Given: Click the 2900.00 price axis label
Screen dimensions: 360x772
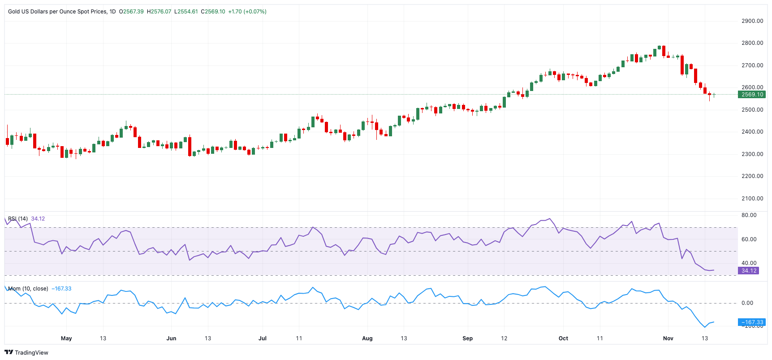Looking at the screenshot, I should click(752, 21).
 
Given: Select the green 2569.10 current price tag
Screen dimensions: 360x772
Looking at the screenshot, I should click(752, 95).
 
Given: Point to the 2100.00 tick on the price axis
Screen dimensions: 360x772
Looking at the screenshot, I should click(752, 199).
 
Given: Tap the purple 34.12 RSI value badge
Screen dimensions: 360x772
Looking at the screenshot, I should click(748, 271).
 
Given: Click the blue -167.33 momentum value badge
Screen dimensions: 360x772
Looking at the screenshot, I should click(751, 322).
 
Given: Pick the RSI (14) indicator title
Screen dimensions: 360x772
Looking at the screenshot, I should click(18, 219).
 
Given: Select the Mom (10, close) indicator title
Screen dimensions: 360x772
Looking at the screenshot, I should click(28, 289).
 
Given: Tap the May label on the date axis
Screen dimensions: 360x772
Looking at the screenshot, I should click(66, 338).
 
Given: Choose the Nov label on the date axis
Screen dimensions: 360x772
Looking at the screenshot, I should click(668, 338).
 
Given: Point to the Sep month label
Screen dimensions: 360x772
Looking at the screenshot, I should click(467, 338).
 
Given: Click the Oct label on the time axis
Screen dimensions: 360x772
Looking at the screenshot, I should click(563, 338).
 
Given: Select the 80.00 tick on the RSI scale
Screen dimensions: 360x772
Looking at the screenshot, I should click(749, 215).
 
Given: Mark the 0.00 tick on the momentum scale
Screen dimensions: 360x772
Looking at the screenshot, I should click(747, 303).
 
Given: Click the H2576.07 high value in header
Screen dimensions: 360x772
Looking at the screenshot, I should click(159, 12).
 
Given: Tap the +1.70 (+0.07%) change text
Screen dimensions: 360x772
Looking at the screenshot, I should click(247, 12).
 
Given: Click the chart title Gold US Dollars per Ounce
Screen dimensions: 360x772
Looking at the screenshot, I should click(57, 12).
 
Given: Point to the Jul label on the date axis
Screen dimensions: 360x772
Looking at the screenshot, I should click(263, 338).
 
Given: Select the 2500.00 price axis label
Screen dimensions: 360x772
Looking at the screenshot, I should click(752, 110).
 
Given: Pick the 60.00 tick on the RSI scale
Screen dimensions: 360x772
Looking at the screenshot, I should click(749, 239).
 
